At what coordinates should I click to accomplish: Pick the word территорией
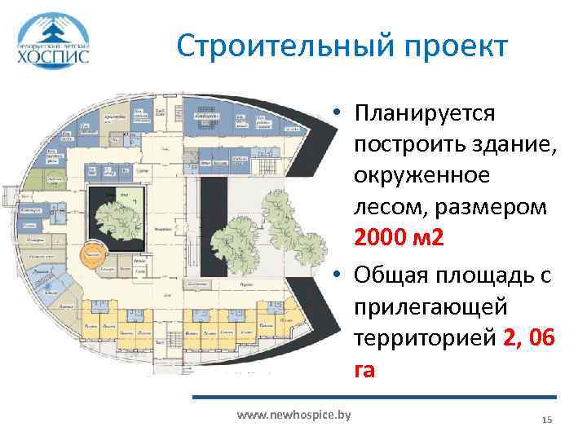[x=423, y=339]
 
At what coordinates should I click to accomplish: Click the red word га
[x=364, y=371]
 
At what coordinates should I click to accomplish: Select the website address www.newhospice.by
[x=293, y=416]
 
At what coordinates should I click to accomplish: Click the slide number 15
[x=547, y=419]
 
